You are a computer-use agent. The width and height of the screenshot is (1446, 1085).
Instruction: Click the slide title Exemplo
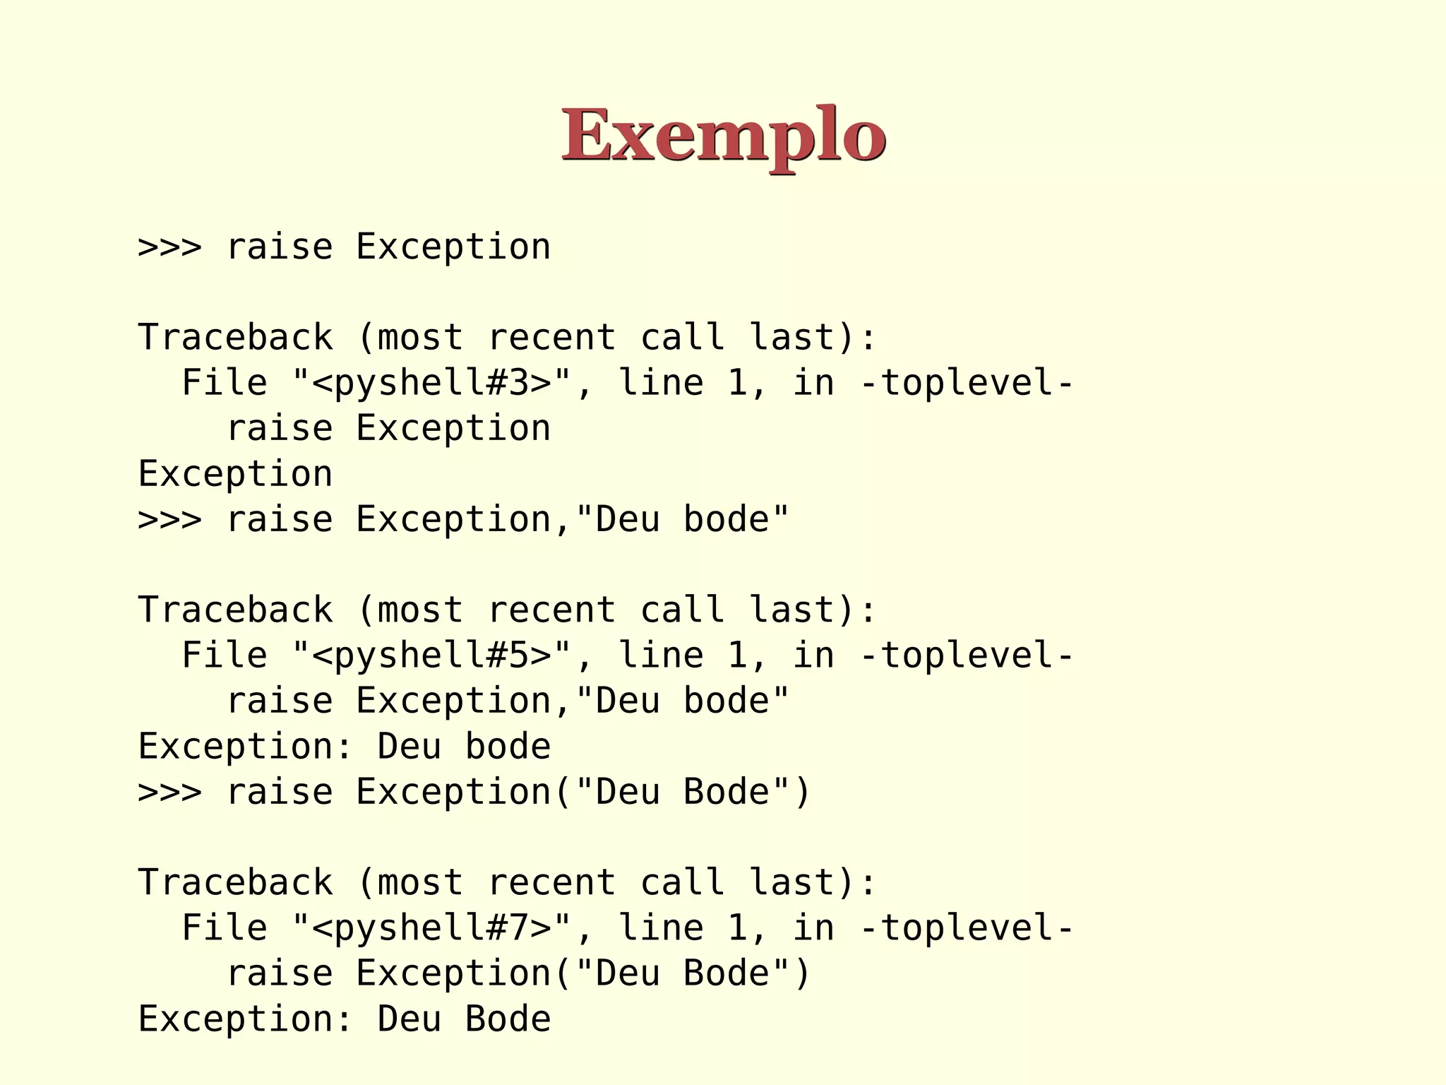(x=723, y=134)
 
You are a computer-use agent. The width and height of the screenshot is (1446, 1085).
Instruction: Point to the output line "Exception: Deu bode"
(x=344, y=747)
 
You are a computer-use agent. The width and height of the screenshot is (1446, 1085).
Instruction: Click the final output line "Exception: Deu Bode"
(x=344, y=1019)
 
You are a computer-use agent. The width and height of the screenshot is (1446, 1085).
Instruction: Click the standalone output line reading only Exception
(x=235, y=474)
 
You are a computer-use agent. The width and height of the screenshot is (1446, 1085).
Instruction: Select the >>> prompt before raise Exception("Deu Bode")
(x=170, y=793)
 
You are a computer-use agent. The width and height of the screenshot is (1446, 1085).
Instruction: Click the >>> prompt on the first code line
(x=170, y=247)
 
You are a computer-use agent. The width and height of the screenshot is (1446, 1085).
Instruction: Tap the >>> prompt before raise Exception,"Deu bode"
(x=170, y=520)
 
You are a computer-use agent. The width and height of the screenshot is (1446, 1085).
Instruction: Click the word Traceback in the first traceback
(x=235, y=338)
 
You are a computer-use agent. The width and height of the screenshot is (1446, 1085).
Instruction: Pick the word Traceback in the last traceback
(x=235, y=883)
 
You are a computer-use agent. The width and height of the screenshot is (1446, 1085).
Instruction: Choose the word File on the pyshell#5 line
(x=225, y=656)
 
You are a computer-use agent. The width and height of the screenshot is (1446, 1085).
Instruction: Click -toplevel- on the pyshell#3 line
(x=967, y=383)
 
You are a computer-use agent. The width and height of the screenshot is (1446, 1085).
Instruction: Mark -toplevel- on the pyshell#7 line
(x=967, y=928)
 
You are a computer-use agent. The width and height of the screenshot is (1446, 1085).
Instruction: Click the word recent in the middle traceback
(x=551, y=610)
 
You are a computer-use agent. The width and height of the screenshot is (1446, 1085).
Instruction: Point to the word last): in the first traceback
(x=813, y=338)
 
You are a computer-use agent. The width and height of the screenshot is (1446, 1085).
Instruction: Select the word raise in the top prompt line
(x=279, y=247)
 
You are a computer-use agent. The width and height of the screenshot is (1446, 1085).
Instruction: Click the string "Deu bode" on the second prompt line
(x=682, y=520)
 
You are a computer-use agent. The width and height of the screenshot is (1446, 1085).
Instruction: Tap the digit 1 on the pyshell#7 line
(x=737, y=928)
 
